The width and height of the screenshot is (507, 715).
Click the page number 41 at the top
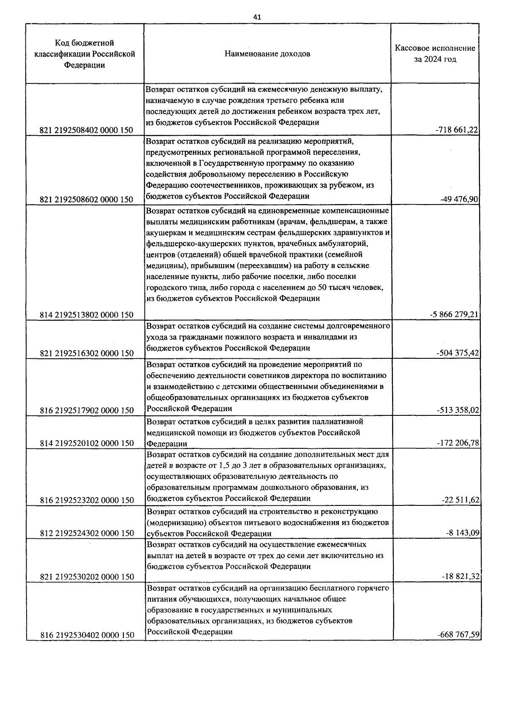257,17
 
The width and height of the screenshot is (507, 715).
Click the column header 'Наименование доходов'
267,54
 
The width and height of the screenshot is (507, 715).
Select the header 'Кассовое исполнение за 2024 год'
435,54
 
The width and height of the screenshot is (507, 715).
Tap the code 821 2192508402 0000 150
87,131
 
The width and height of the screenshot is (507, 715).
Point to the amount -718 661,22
457,130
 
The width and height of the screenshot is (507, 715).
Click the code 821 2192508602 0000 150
87,199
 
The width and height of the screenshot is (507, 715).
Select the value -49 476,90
461,199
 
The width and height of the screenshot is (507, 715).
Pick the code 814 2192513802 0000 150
87,315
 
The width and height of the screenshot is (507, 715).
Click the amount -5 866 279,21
454,314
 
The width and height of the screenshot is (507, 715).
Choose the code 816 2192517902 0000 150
87,410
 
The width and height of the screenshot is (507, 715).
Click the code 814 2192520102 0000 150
87,443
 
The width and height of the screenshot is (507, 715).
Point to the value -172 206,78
458,443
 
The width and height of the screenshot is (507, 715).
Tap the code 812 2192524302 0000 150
87,533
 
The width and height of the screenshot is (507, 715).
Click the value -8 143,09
463,533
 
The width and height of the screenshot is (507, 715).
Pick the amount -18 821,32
460,577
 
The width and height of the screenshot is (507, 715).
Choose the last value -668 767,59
458,635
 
